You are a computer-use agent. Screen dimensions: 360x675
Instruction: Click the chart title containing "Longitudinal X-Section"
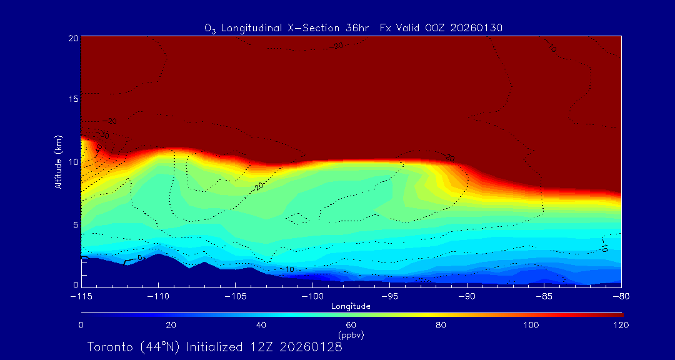[x=353, y=28]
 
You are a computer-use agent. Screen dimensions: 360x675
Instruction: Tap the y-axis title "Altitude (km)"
[x=59, y=161]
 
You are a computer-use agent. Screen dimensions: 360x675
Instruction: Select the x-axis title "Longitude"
[x=351, y=306]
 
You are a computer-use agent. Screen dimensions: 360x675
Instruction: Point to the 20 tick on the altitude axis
[x=72, y=38]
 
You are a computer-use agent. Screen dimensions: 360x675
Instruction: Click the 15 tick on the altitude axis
[x=72, y=99]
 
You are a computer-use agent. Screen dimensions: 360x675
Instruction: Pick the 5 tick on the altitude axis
[x=74, y=224]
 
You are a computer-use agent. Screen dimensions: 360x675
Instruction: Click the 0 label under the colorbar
[x=81, y=325]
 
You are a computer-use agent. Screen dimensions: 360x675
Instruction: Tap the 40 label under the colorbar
[x=261, y=325]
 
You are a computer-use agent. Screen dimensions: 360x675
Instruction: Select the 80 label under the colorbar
[x=441, y=325]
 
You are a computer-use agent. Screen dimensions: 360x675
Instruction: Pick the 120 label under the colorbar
[x=621, y=325]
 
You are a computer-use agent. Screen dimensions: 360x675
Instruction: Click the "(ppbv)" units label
[x=351, y=335]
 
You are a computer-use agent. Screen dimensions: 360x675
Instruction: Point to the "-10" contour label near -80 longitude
[x=604, y=244]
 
